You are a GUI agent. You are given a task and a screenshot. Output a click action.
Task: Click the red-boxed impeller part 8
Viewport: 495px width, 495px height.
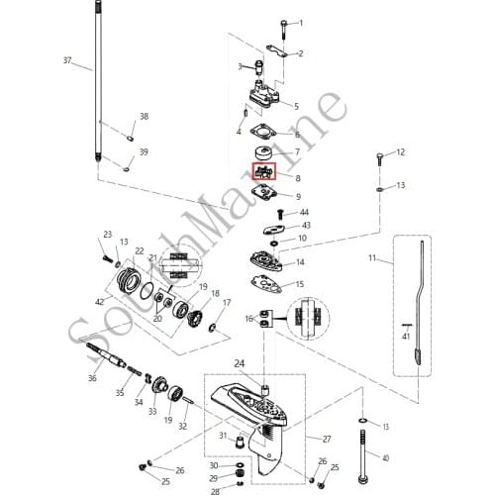[263, 171]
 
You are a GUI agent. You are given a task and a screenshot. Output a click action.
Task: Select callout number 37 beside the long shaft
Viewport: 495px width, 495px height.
[67, 60]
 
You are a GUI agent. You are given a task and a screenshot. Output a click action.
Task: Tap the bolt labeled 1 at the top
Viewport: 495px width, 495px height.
[284, 30]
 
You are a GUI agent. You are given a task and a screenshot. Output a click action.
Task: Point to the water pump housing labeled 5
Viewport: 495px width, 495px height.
[265, 94]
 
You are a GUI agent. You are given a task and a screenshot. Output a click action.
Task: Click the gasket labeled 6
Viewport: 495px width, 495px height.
[263, 134]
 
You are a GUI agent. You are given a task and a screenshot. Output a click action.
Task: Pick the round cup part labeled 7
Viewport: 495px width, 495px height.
[264, 153]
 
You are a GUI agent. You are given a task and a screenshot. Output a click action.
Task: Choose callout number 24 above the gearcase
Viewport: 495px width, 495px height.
[240, 363]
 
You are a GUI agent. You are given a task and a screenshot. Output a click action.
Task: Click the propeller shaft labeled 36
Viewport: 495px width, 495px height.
[106, 355]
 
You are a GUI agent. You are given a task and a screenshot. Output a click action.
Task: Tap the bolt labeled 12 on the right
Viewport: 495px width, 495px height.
[379, 159]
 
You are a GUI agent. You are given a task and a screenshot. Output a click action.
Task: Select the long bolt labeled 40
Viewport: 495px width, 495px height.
[362, 457]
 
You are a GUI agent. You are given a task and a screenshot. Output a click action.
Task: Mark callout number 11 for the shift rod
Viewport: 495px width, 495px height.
[372, 257]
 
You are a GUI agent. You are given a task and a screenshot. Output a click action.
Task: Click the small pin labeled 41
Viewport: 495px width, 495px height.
[407, 325]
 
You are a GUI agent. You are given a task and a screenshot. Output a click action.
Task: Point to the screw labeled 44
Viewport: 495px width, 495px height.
[280, 214]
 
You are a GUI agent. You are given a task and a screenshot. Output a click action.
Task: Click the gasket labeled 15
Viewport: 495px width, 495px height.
[266, 285]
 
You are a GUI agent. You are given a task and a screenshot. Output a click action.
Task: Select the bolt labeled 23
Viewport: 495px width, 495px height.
[106, 258]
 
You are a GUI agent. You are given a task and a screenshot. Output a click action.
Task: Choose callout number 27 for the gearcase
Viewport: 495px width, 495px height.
[327, 440]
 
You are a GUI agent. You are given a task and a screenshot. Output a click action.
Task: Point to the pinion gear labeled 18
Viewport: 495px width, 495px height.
[195, 318]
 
